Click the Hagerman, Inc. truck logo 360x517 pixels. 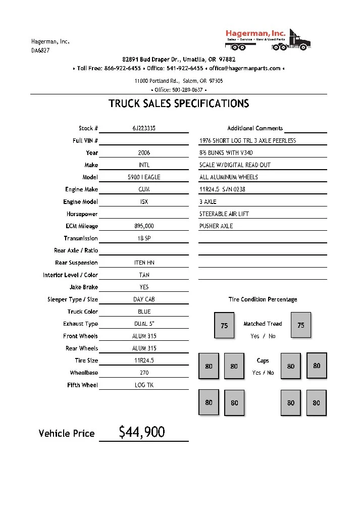click(x=268, y=39)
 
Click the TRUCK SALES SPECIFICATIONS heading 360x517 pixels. click(x=179, y=104)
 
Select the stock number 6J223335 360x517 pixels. click(x=144, y=128)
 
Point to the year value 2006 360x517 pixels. click(x=144, y=152)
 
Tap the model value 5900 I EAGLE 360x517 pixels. click(x=144, y=177)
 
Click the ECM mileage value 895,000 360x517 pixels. click(x=144, y=226)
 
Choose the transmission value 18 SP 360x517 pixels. click(x=144, y=238)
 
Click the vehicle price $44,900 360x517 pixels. click(x=142, y=432)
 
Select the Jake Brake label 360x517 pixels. click(x=84, y=287)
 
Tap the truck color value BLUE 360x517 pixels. click(x=144, y=312)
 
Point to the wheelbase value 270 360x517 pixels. click(x=144, y=373)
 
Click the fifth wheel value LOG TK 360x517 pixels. click(x=144, y=385)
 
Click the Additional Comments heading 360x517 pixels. click(x=255, y=128)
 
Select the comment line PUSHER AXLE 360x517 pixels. click(x=216, y=226)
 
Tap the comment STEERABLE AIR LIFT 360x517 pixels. click(x=224, y=214)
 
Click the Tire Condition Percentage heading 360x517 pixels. click(x=263, y=299)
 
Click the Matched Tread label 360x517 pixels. click(x=263, y=324)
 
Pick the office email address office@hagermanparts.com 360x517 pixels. click(x=245, y=68)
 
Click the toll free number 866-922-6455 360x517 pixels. click(x=123, y=68)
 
